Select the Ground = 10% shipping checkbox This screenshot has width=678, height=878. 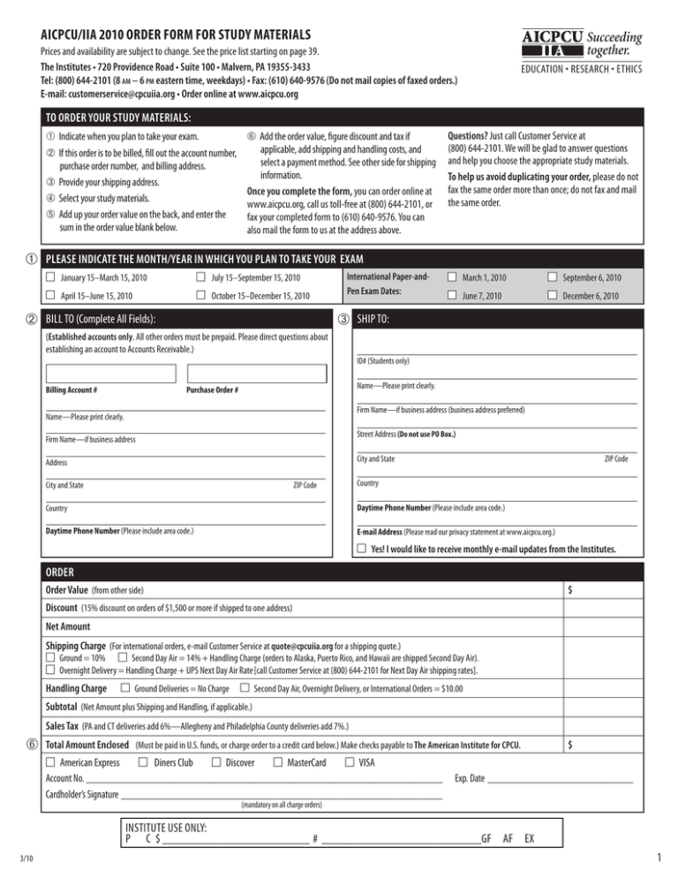pyautogui.click(x=50, y=658)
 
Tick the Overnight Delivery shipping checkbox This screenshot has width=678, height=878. pyautogui.click(x=50, y=670)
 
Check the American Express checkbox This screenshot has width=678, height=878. pyautogui.click(x=50, y=762)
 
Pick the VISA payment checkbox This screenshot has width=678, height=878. pyautogui.click(x=350, y=762)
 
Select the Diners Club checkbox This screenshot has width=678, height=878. pyautogui.click(x=143, y=762)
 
